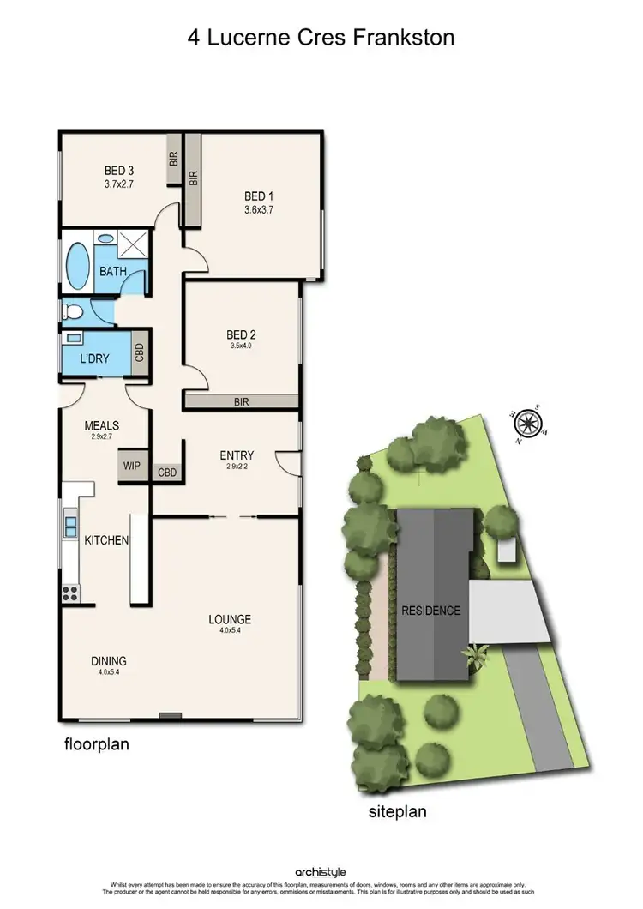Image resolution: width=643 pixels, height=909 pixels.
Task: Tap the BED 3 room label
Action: click(96, 170)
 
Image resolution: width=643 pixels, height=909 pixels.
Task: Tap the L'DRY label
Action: click(94, 359)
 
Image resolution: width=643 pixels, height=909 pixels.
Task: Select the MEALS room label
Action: click(101, 425)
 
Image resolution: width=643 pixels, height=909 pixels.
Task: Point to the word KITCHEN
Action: click(106, 540)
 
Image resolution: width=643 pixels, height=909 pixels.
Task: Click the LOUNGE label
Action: click(230, 619)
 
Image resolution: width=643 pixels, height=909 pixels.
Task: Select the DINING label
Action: click(109, 661)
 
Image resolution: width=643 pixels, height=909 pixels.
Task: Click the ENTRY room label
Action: click(237, 455)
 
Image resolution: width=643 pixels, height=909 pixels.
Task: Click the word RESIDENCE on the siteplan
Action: click(431, 611)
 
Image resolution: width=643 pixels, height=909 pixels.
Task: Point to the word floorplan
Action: click(97, 744)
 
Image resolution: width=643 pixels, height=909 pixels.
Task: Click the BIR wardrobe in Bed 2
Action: click(242, 400)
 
